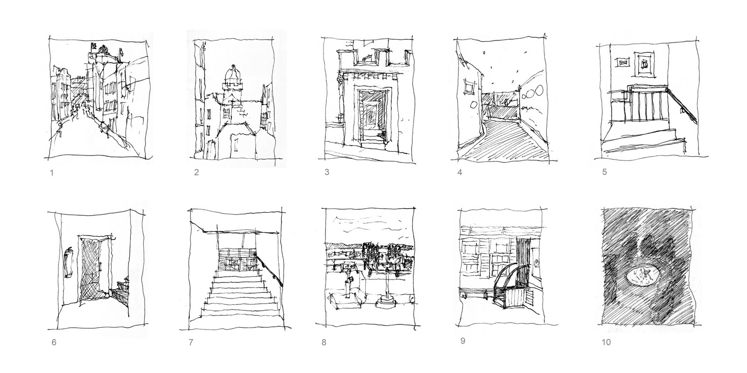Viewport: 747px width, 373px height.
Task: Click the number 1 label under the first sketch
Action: pos(52,173)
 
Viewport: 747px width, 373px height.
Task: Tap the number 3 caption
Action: pos(327,172)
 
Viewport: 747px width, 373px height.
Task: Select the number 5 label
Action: pos(604,172)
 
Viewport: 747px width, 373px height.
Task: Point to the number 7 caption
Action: pos(191,342)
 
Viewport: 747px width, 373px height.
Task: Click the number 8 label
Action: pos(324,342)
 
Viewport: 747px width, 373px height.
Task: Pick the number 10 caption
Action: pos(606,342)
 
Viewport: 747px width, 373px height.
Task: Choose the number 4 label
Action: pos(459,172)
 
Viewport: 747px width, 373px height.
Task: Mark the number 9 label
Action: pos(463,341)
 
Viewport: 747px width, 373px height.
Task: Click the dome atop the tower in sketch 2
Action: pos(233,74)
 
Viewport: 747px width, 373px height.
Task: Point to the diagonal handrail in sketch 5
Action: pos(683,106)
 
